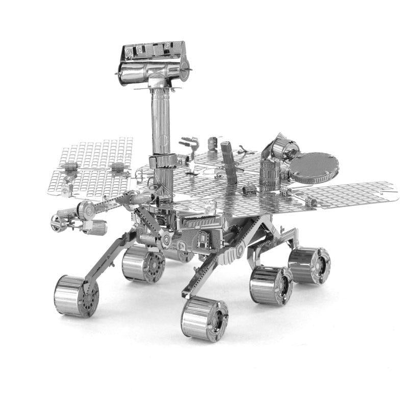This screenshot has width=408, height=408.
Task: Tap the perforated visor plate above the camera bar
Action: [x=153, y=50]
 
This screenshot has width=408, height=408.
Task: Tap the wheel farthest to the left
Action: [x=75, y=296]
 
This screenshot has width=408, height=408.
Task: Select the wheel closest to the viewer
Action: [x=204, y=319]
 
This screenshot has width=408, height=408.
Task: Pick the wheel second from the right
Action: [x=271, y=285]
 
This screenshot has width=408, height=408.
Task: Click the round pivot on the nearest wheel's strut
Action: [x=240, y=251]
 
